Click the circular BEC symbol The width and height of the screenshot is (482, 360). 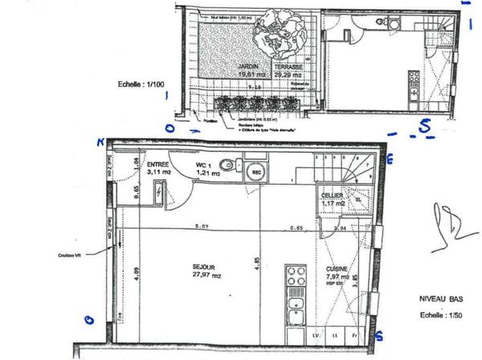tap(256, 173)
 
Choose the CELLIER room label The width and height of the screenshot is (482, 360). tap(332, 196)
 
